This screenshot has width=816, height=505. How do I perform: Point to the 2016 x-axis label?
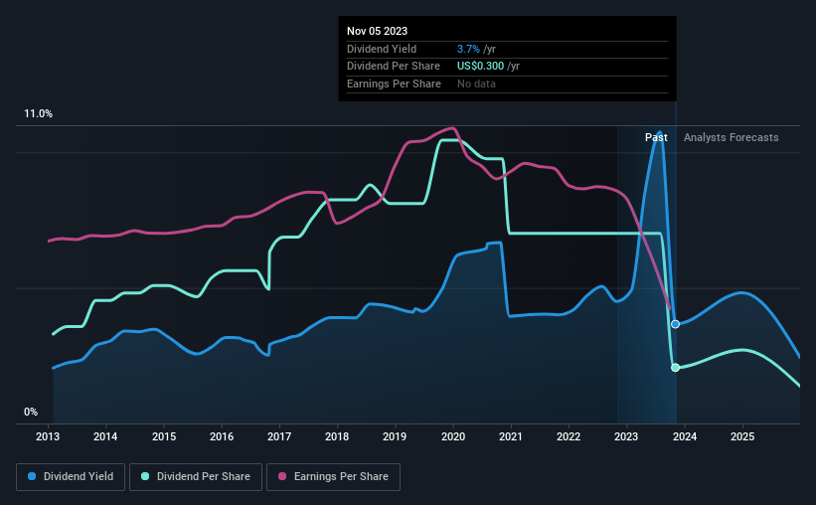222,436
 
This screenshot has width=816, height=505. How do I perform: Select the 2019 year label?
395,436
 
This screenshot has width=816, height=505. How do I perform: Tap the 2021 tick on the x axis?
511,436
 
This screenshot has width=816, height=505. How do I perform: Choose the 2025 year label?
741,436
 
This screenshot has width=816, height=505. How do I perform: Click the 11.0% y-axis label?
39,114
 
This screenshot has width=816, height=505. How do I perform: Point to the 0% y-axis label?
31,412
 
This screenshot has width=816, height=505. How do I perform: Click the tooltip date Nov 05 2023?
377,31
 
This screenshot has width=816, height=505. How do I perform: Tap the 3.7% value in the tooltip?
466,49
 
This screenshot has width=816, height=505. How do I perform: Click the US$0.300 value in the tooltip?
480,66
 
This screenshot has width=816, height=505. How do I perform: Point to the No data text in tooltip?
476,84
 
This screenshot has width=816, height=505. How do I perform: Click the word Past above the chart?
656,137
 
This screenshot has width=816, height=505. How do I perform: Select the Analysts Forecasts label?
731,137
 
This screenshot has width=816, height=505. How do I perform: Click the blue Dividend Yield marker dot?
675,324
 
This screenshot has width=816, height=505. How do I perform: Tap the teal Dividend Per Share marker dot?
675,368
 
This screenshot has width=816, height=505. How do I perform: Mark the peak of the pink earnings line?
453,128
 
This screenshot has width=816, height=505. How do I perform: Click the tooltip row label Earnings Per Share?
394,84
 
